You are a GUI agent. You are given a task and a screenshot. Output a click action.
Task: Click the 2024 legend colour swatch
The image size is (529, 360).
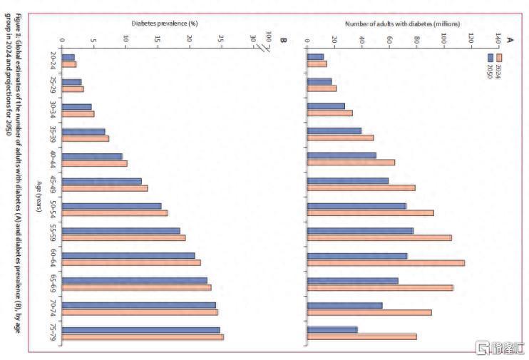(x=499, y=57)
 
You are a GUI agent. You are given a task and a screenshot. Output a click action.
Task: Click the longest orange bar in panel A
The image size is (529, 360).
(x=386, y=263)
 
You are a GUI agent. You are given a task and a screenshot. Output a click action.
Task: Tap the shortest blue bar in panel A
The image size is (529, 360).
(x=315, y=56)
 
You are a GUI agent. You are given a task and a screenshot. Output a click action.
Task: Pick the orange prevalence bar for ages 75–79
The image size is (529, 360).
(x=143, y=337)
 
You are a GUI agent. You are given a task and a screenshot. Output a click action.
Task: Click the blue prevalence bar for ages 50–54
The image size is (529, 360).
(x=112, y=206)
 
